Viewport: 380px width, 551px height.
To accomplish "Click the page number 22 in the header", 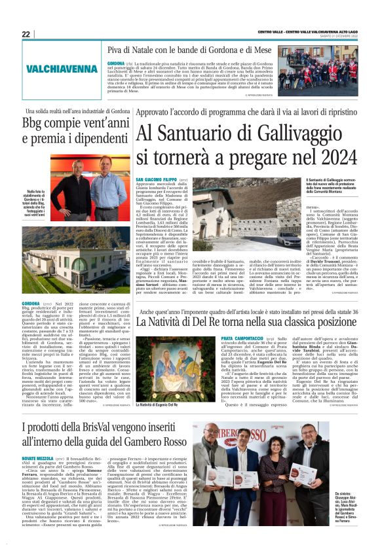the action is click(26, 34).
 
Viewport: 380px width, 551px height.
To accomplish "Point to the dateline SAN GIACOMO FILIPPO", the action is click(155, 179).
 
